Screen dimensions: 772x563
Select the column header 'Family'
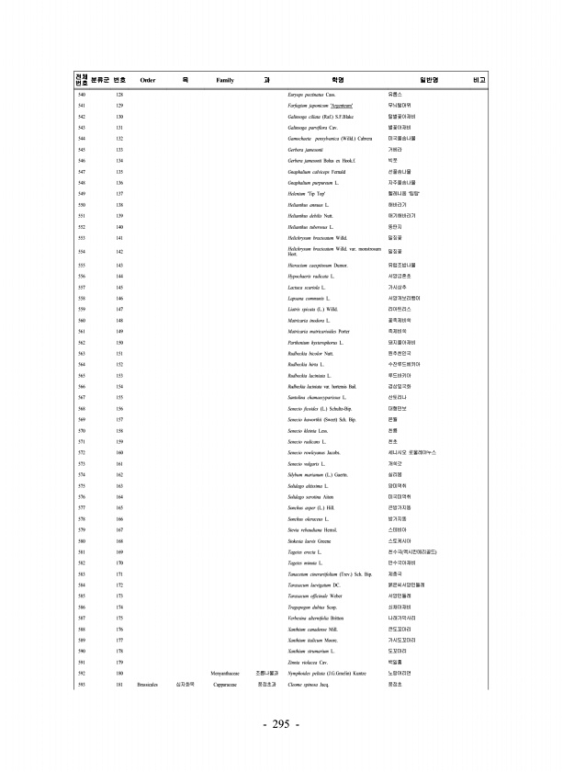pos(225,80)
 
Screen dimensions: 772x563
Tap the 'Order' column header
pos(147,80)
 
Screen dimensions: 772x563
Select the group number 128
pos(119,95)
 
